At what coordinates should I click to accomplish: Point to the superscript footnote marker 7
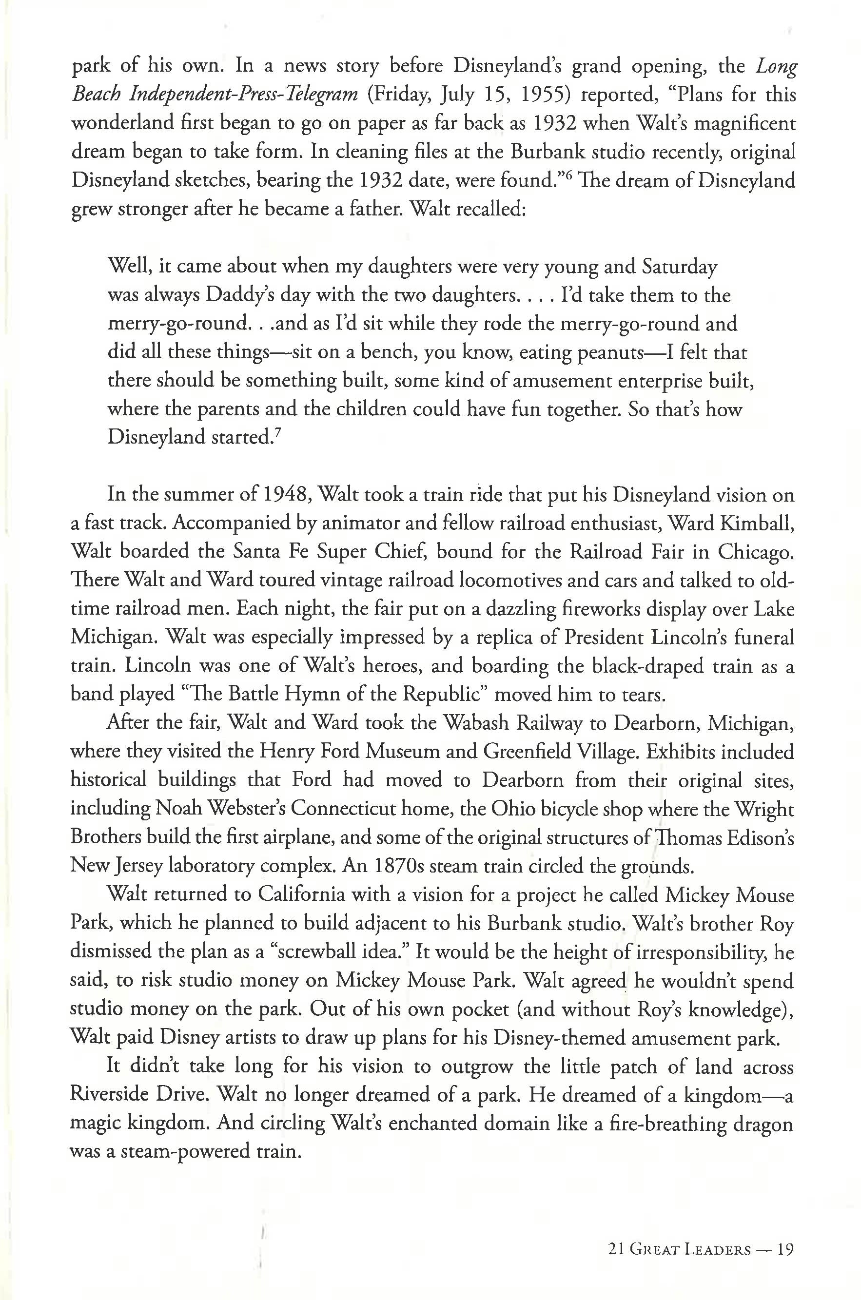[278, 432]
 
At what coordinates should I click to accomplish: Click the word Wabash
[477, 723]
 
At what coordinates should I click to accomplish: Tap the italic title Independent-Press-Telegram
[244, 95]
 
